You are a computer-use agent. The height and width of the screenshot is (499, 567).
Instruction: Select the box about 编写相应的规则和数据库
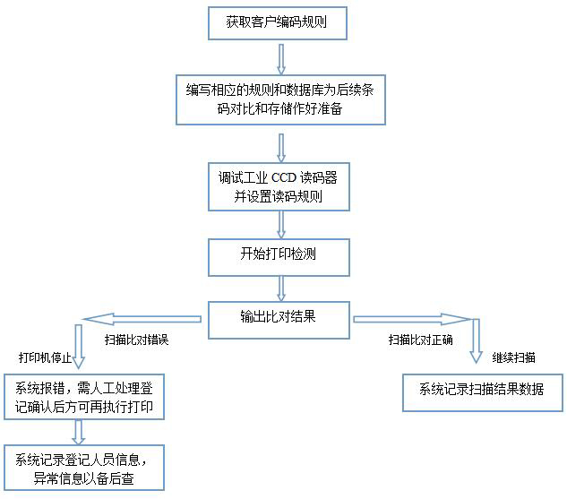pos(282,99)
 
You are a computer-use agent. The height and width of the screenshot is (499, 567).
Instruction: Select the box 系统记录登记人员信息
pos(85,468)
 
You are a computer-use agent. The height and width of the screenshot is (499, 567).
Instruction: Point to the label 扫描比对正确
pos(420,340)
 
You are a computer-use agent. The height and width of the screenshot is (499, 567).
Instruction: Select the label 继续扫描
pos(513,357)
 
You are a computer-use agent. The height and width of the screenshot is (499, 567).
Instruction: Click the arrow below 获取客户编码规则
pos(280,57)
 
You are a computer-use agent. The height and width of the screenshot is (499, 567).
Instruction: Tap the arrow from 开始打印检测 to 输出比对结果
pos(281,287)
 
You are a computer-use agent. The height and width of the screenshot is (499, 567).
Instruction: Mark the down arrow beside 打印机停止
pos(79,348)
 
